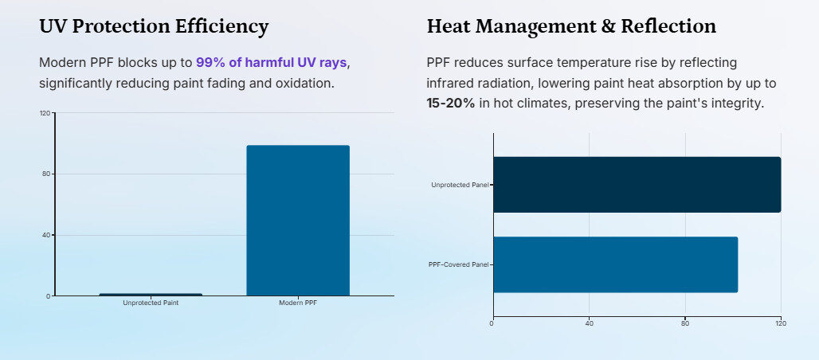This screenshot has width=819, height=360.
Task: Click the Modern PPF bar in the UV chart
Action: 298,220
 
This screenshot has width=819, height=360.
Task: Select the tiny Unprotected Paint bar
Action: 151,295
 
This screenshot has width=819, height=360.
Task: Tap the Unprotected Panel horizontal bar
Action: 637,185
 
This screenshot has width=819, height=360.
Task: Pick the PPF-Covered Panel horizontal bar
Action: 615,264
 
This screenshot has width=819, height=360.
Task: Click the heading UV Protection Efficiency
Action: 154,26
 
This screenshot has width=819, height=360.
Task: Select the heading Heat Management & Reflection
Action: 571,26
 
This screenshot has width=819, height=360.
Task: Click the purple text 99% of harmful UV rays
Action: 271,62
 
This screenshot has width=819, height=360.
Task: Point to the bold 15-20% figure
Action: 451,104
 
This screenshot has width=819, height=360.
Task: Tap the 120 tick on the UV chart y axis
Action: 45,113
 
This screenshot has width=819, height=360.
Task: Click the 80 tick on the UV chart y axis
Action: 46,174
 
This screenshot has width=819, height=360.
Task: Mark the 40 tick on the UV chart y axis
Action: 46,235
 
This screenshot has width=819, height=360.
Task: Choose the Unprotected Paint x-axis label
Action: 151,303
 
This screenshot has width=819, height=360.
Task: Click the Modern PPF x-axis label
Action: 298,303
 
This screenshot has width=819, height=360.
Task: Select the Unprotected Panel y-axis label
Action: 460,185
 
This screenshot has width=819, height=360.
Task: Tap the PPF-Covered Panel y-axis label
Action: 458,264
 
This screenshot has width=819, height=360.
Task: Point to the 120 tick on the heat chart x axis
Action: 781,323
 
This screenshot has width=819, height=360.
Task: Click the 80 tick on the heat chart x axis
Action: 685,323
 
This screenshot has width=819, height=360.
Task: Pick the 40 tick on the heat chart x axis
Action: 589,323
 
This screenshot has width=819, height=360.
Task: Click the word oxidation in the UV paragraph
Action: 304,83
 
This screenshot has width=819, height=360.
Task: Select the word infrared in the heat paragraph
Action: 452,83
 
